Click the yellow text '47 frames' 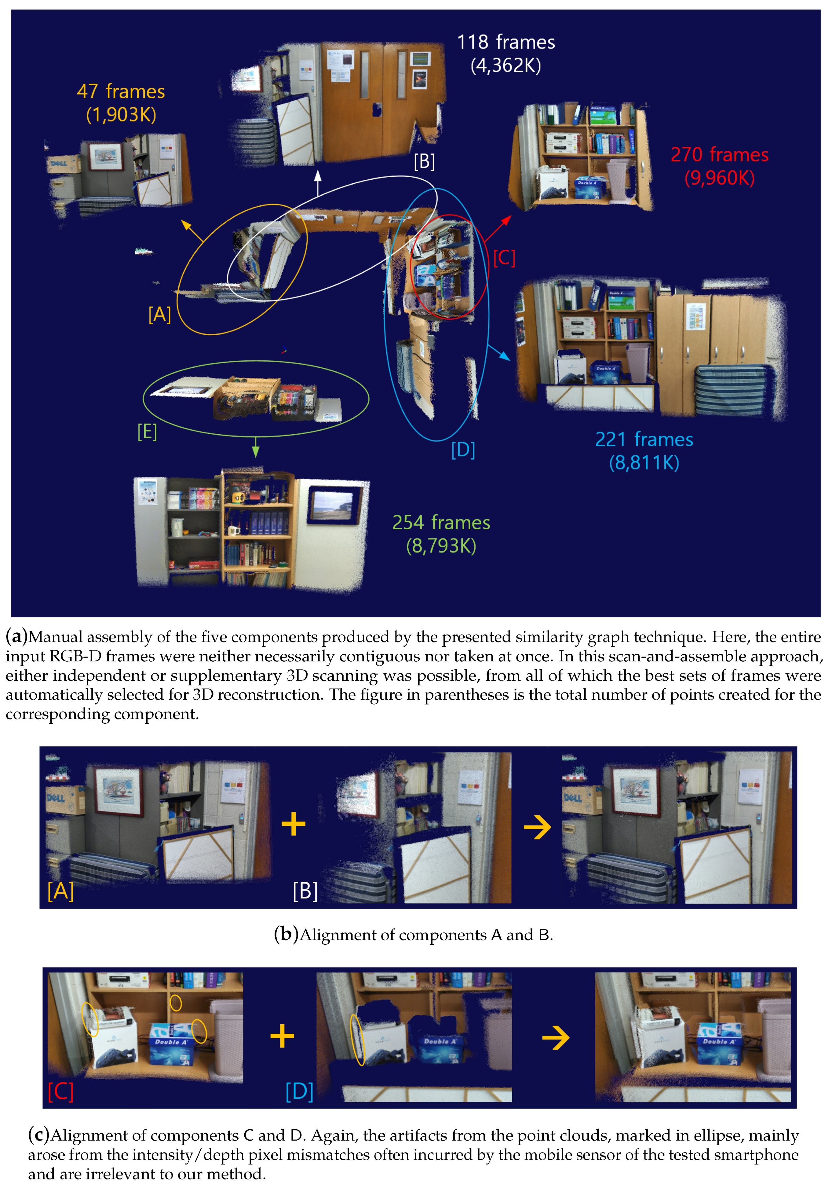click(x=121, y=92)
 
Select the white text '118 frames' click(x=506, y=42)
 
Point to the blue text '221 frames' click(x=644, y=439)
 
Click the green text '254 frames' click(x=441, y=523)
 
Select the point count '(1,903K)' click(x=121, y=115)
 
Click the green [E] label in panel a click(x=147, y=432)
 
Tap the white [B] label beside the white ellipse click(x=424, y=161)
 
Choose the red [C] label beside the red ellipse click(x=504, y=258)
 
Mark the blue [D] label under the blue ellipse click(x=463, y=450)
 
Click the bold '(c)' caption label click(x=39, y=1135)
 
